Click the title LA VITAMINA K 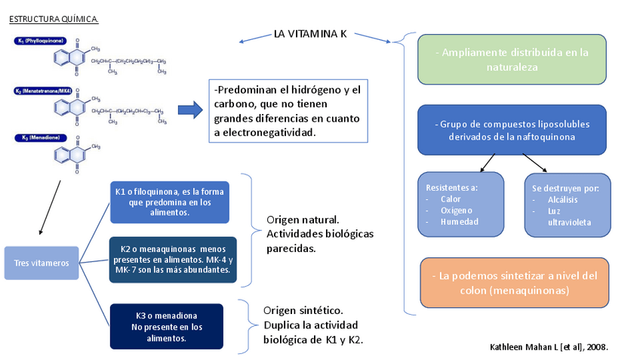[x=309, y=35]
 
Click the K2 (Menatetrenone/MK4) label [x=43, y=91]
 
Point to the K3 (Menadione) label [x=38, y=137]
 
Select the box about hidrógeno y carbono [x=288, y=110]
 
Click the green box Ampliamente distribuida [x=512, y=60]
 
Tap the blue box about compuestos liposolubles [x=512, y=130]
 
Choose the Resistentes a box [x=460, y=204]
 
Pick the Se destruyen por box [x=567, y=205]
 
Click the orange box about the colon [x=514, y=282]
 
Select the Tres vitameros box [x=42, y=263]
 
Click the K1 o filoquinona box [x=169, y=202]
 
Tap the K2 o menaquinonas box [x=173, y=259]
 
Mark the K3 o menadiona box [x=166, y=326]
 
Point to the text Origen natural [x=302, y=220]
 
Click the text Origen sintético [x=303, y=310]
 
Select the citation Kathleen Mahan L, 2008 [x=549, y=346]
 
